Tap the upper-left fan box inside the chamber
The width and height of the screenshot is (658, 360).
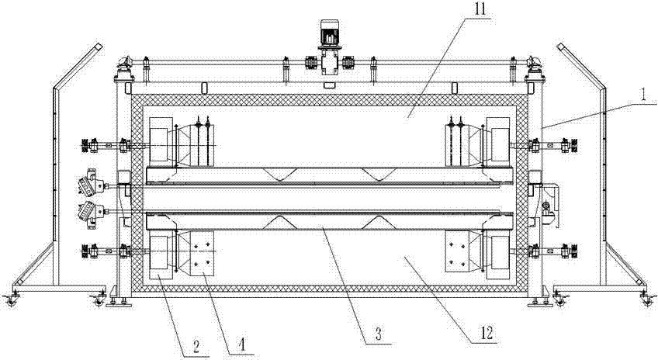[x=161, y=142]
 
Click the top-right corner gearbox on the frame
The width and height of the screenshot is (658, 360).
[x=533, y=70]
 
